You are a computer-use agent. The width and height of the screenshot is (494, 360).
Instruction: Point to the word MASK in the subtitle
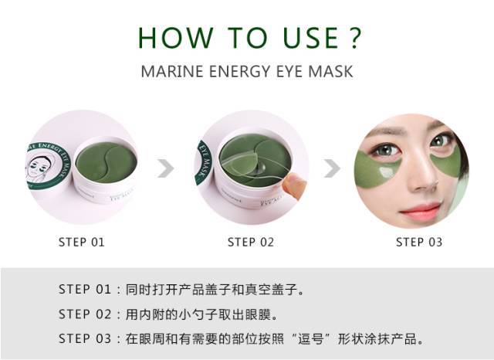pos(330,72)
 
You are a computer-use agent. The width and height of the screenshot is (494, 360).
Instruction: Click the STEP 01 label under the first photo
pos(82,242)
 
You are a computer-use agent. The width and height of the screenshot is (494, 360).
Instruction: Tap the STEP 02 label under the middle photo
pos(251,242)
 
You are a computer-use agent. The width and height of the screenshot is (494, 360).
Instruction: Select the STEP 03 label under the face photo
pos(419,242)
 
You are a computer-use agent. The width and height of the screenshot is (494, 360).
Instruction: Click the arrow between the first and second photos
pos(166,168)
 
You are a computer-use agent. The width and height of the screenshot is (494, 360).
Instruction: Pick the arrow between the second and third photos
pos(332,168)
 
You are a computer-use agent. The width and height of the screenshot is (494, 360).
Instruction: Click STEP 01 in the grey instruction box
pos(85,290)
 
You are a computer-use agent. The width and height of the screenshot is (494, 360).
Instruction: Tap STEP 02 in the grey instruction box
pos(85,314)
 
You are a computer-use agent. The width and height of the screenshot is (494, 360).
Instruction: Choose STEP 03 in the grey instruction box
pos(85,339)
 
